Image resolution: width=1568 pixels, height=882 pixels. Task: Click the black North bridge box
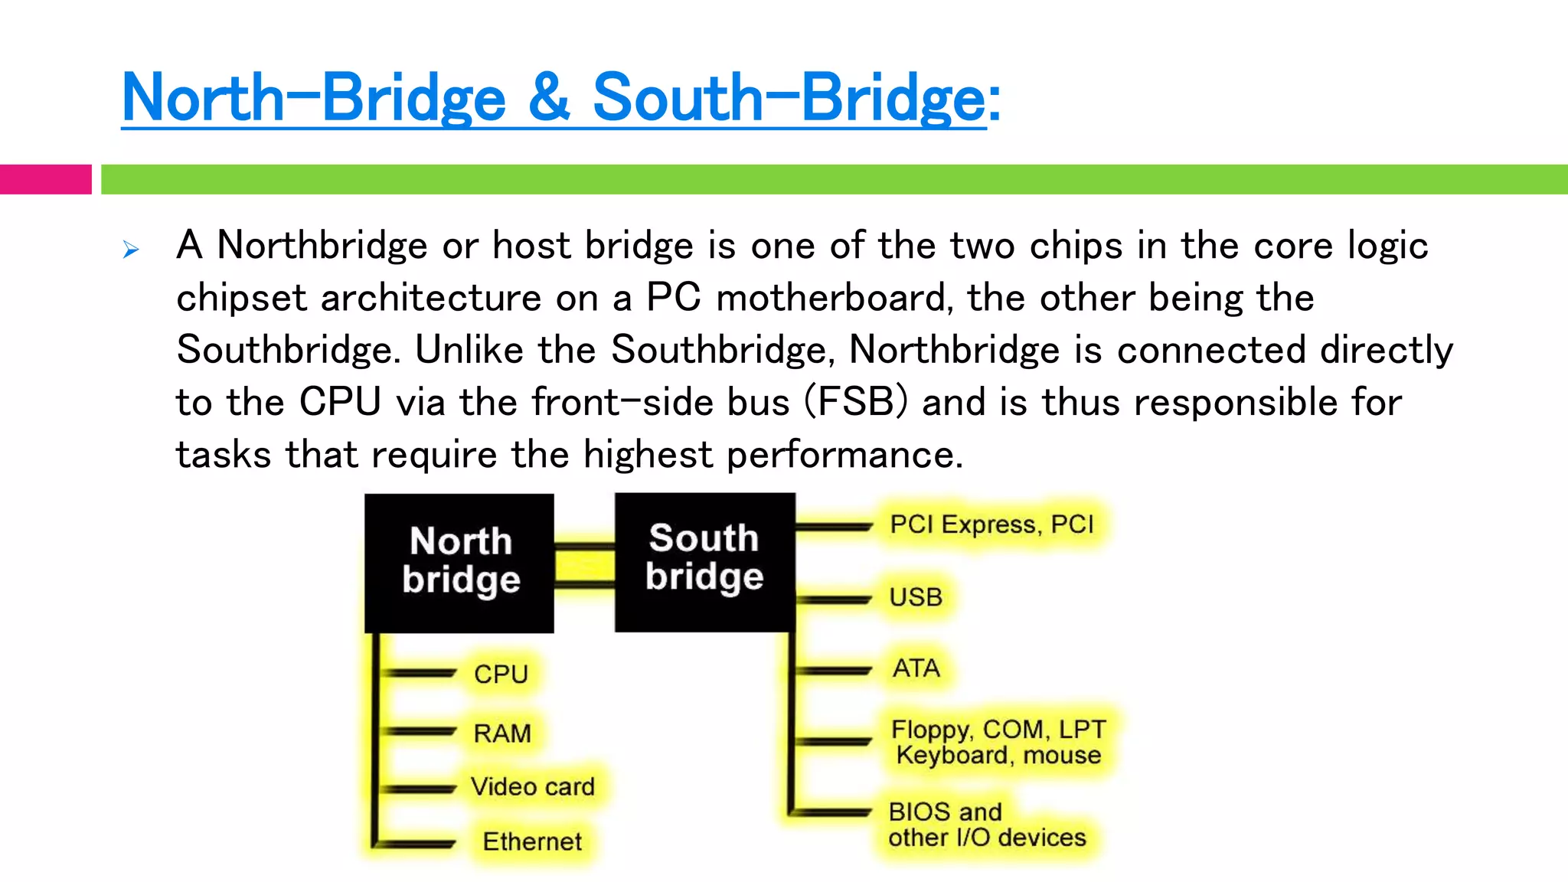click(x=459, y=563)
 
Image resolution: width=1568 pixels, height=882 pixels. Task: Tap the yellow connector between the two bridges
click(x=584, y=567)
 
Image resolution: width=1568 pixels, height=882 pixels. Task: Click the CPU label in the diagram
click(x=501, y=675)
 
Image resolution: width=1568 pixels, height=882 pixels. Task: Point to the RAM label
click(x=502, y=733)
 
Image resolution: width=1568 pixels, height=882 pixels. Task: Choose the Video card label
click(x=533, y=787)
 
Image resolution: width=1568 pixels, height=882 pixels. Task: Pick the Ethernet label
click(x=532, y=841)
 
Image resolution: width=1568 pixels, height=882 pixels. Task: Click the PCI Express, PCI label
click(x=991, y=524)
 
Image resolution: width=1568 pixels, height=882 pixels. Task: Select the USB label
click(x=916, y=597)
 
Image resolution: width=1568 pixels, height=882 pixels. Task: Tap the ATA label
click(x=916, y=668)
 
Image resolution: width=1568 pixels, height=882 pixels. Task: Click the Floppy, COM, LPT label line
click(x=998, y=729)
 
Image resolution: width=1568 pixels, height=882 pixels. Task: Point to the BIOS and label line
click(x=945, y=812)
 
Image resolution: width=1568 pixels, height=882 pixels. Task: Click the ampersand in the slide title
click(x=549, y=98)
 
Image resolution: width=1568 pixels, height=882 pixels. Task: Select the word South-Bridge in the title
click(x=789, y=98)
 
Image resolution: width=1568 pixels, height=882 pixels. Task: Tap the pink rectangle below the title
click(x=45, y=179)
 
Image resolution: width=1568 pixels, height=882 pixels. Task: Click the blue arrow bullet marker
click(x=131, y=250)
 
